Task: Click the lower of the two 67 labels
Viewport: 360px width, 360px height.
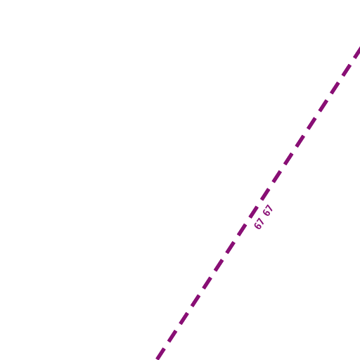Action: click(259, 224)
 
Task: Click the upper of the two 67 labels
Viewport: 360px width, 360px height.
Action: click(268, 210)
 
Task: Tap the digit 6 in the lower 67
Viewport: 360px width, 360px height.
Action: click(257, 226)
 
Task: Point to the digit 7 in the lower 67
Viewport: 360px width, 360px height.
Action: click(261, 221)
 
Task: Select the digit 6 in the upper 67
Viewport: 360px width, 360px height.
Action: click(266, 212)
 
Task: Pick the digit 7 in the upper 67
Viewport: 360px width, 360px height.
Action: click(270, 207)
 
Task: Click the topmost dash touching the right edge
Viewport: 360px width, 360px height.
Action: click(357, 53)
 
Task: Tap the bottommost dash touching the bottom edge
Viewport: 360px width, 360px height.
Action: click(161, 354)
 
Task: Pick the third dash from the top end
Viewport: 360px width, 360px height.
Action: click(335, 86)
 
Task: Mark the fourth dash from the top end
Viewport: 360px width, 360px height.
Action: click(323, 104)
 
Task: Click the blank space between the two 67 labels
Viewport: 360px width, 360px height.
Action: click(264, 217)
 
